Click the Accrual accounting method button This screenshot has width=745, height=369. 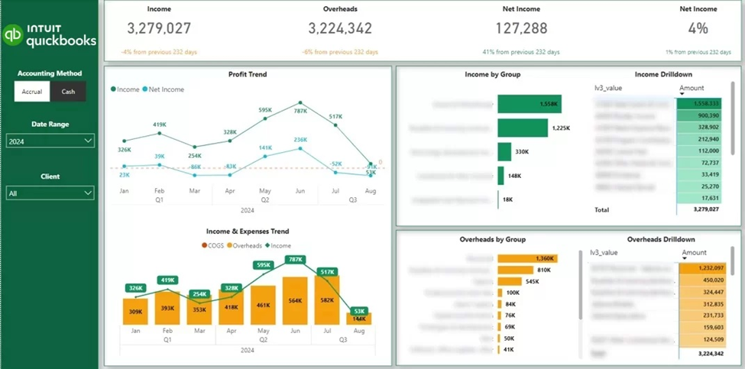click(31, 92)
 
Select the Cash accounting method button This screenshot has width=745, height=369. click(68, 92)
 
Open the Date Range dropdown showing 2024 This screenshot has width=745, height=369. click(50, 141)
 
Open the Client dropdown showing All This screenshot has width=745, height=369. click(50, 194)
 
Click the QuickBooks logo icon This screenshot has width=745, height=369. click(13, 35)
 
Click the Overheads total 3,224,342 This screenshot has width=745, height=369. click(340, 28)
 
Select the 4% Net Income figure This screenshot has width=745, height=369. click(698, 28)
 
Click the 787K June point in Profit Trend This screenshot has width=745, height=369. click(300, 102)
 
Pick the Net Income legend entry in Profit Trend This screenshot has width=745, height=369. click(164, 89)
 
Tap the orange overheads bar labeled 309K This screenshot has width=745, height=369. click(134, 312)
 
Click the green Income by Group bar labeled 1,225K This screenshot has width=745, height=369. click(523, 128)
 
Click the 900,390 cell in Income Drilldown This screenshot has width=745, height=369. click(698, 115)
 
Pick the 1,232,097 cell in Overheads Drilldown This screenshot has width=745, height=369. click(698, 267)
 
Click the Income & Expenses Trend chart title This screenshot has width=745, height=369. click(248, 231)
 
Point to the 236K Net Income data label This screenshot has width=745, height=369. click(300, 140)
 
